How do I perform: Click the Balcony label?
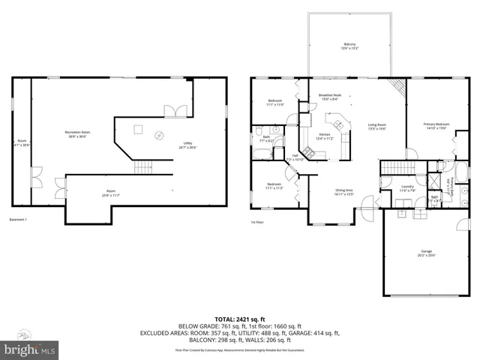pos(350,44)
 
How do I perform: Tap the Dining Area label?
pos(345,191)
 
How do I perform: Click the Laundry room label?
pos(407,188)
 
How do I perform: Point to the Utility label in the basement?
pos(187,145)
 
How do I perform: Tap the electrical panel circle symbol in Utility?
pos(158,135)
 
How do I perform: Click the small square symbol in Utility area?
pos(137,129)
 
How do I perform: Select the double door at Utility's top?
pos(175,111)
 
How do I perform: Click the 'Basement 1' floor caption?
pos(18,220)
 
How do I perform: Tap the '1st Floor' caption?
pos(256,222)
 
